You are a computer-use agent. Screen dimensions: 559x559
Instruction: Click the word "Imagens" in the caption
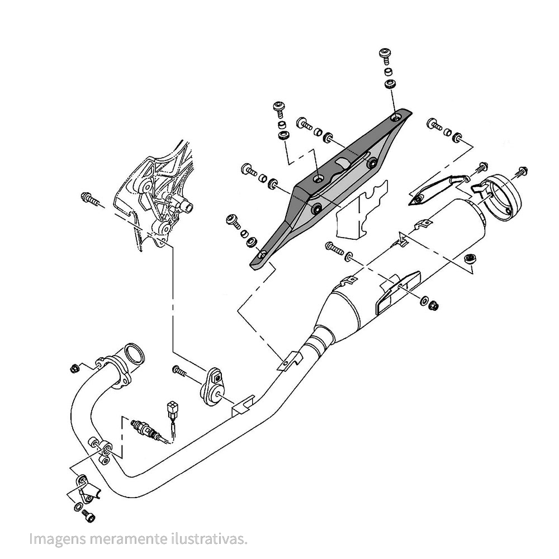coord(58,539)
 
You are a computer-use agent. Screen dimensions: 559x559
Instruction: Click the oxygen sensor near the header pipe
coord(145,429)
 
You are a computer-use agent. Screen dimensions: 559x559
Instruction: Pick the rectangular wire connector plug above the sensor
coord(173,409)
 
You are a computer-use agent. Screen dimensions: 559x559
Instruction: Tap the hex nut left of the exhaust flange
coord(74,368)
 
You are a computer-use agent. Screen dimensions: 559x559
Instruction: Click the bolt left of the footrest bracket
coord(90,200)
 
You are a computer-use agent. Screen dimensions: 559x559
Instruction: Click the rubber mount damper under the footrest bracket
coord(212,387)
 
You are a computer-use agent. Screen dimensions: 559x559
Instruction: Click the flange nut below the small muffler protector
coord(434,306)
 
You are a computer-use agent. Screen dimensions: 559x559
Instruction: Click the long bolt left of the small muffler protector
coord(334,248)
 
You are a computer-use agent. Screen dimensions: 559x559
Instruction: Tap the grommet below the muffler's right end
coord(470,258)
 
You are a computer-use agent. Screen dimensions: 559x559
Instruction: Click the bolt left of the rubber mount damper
coord(179,371)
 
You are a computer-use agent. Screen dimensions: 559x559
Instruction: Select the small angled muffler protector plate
coord(397,291)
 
